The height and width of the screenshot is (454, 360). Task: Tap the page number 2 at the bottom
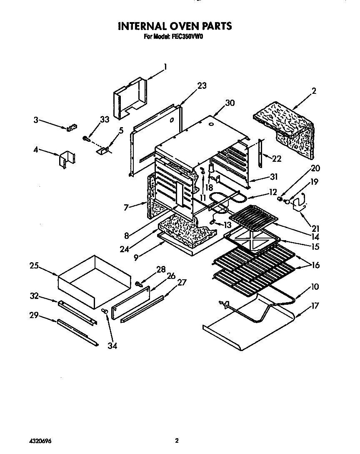(177, 440)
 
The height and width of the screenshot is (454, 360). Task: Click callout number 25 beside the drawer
(35, 266)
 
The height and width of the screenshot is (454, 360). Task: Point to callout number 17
(315, 306)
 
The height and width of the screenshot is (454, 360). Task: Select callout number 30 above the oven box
(230, 103)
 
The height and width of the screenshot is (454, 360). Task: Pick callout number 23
(202, 86)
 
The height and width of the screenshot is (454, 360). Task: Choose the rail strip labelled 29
(77, 333)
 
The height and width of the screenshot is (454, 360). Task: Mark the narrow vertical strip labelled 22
(261, 152)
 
